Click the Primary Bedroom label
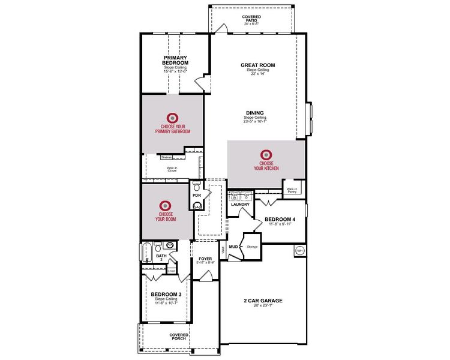(176, 60)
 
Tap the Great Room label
(257, 65)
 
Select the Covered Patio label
(251, 19)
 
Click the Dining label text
(254, 112)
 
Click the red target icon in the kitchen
(266, 155)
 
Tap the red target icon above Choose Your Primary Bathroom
(172, 118)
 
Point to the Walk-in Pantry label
(292, 190)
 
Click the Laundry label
(240, 205)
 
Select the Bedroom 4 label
(280, 220)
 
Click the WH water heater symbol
(299, 251)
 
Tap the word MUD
(233, 246)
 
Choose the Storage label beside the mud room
(252, 246)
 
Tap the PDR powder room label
(196, 195)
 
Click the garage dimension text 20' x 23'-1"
(263, 306)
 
